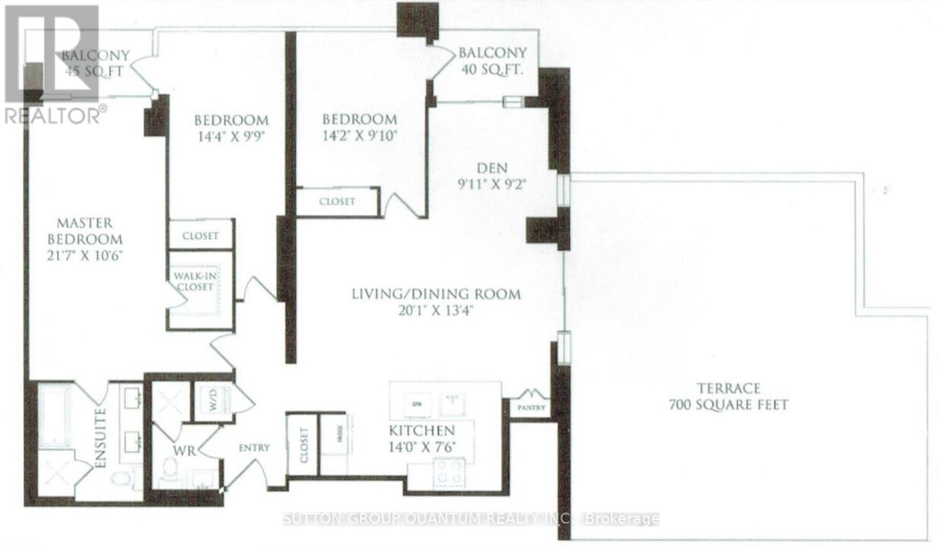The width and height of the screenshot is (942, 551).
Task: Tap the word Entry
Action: (x=253, y=448)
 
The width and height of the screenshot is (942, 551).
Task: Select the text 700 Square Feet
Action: (x=728, y=405)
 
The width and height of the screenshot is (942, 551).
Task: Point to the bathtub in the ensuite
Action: (x=53, y=416)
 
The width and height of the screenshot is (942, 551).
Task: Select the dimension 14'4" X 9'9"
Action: (x=231, y=138)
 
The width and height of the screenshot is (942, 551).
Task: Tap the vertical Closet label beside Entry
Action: (x=303, y=446)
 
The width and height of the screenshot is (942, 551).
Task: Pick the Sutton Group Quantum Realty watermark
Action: (x=470, y=519)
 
